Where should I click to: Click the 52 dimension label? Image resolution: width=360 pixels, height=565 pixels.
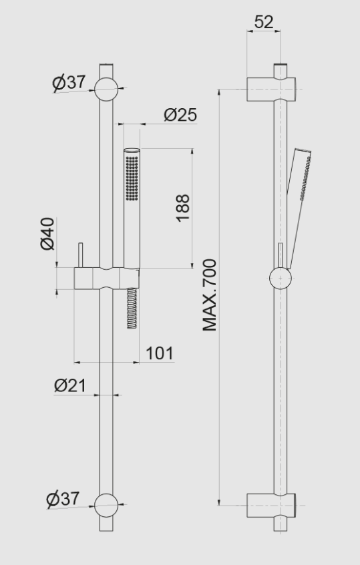(x=264, y=22)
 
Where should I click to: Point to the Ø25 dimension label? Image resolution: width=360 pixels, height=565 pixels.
(x=180, y=115)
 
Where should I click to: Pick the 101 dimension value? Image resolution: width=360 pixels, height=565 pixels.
(x=159, y=352)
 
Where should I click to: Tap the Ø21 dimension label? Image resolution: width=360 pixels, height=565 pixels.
(x=69, y=385)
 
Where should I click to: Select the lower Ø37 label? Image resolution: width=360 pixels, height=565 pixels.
(x=63, y=498)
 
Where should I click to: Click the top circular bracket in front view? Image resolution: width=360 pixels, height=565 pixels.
(x=106, y=89)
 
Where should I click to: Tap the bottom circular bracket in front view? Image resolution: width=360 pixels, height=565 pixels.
(x=106, y=506)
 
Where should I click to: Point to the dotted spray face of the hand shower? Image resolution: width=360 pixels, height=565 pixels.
(x=132, y=177)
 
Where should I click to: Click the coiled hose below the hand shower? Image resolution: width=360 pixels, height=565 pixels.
(x=132, y=307)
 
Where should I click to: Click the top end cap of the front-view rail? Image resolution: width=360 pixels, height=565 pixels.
(x=106, y=67)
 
